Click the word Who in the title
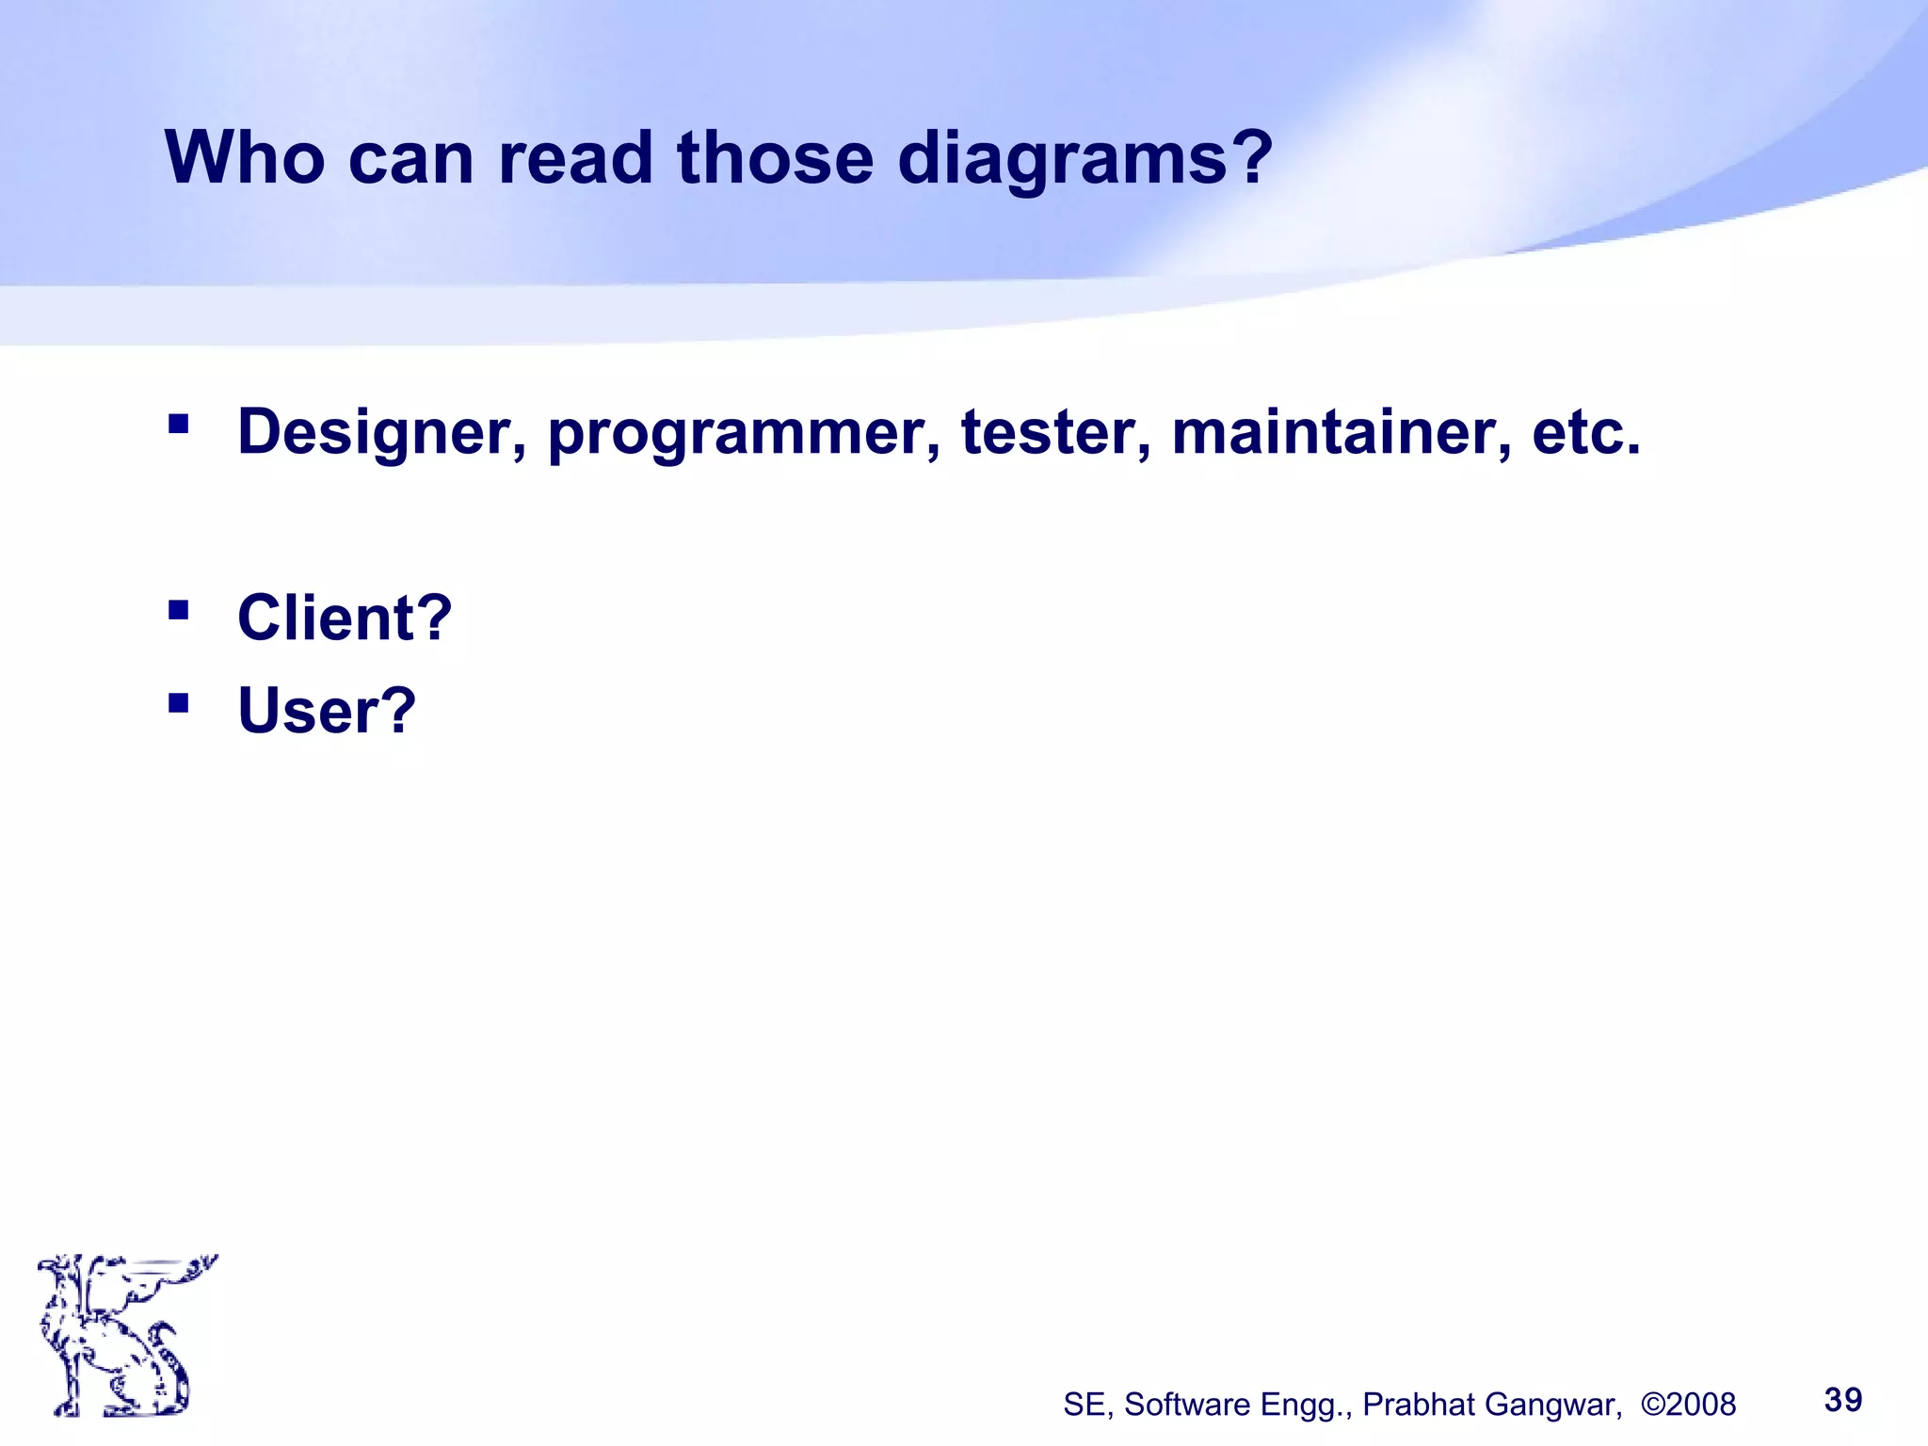click(x=245, y=157)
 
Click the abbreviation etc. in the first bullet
click(x=1586, y=432)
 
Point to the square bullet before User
click(x=178, y=702)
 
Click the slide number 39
click(x=1842, y=1400)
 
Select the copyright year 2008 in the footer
click(x=1700, y=1405)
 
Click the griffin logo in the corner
click(x=122, y=1335)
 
